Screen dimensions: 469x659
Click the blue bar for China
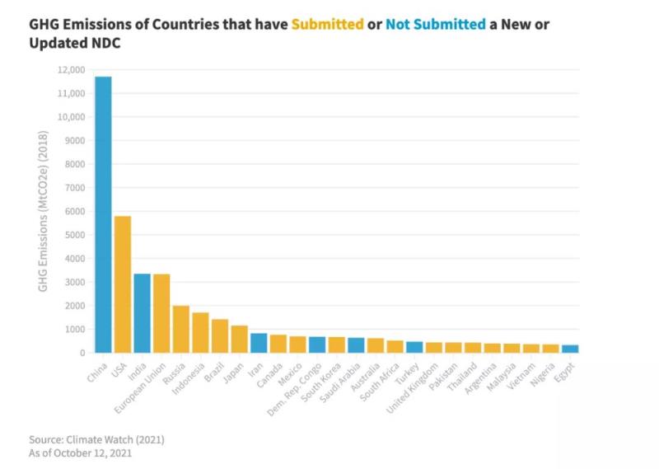(103, 214)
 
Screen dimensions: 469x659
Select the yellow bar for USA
(123, 284)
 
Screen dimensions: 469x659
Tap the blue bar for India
(142, 313)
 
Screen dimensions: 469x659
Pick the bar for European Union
(161, 313)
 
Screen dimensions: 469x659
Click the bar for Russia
(180, 330)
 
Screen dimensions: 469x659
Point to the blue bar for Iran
(259, 343)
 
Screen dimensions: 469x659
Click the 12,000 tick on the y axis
(72, 70)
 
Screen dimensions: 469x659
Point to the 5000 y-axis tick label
(74, 235)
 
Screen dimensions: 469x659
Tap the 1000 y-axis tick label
(74, 329)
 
